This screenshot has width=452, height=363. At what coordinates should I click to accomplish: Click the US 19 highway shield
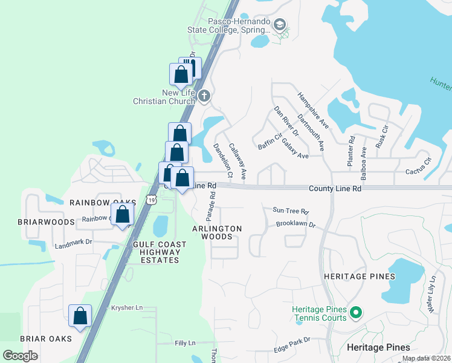click(x=150, y=198)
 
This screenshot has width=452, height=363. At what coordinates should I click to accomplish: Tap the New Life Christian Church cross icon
click(x=204, y=96)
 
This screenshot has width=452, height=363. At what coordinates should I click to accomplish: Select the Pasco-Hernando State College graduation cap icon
click(x=279, y=25)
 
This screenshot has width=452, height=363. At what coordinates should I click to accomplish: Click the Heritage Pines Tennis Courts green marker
click(x=356, y=313)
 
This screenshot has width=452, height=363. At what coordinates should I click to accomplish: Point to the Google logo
click(x=21, y=356)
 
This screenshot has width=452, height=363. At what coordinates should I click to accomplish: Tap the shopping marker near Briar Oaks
click(x=80, y=316)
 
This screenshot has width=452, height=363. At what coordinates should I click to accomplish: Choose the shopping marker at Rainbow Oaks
click(x=123, y=214)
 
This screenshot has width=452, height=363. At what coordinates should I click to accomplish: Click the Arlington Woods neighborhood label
click(x=217, y=232)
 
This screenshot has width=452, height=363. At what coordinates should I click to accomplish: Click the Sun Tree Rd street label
click(x=291, y=212)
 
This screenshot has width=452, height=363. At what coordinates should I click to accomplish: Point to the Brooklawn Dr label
click(x=296, y=224)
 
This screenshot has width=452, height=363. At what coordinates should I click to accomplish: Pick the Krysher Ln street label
click(x=127, y=308)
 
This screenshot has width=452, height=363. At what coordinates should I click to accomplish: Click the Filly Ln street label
click(x=185, y=343)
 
